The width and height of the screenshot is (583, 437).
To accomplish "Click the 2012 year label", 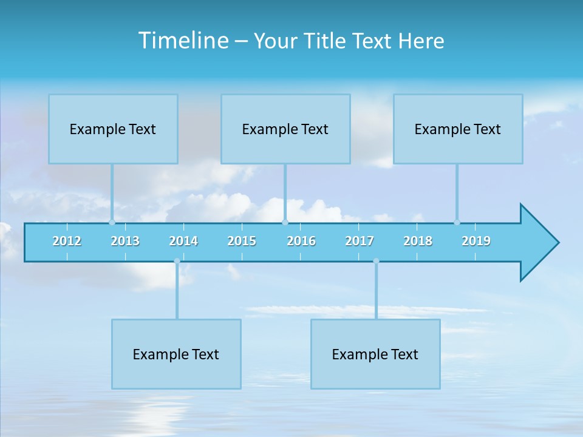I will pos(67,241).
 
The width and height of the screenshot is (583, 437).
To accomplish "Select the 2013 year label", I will pos(125,241).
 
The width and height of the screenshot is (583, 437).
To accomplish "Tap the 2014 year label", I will pos(183,241).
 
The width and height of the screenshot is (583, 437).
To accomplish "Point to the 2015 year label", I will pos(242,241).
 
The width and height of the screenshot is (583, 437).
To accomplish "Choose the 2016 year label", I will pos(301,241).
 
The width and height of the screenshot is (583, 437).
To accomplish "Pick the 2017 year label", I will pos(360,241).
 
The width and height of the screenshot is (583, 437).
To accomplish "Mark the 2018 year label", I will pos(418,241).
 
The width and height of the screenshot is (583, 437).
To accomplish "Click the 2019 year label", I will pos(476,241).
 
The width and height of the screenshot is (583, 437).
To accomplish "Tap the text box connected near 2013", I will pos(113,129).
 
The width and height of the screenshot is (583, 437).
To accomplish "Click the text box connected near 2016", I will pos(285,129).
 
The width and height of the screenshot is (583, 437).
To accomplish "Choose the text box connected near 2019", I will pos(458,129).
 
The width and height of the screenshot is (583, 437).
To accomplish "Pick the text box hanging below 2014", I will pos(176,354).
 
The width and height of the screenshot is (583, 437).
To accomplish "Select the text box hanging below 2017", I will pos(375,354).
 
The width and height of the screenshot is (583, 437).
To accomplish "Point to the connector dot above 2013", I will pos(112,222).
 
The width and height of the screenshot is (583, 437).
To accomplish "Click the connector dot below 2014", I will pos(177,262).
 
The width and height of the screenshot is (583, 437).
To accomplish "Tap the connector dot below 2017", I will pos(376,262).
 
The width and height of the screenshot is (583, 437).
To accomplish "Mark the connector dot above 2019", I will pos(457,222).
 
